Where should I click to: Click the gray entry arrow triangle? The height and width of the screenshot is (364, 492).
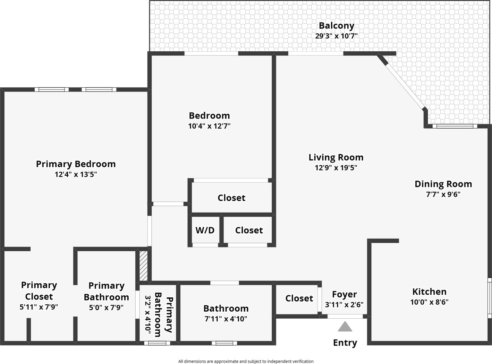click(345, 327)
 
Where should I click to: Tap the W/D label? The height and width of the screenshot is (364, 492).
click(205, 230)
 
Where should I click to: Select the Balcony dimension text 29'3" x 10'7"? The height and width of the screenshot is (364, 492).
click(336, 36)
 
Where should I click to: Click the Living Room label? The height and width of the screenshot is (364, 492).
click(336, 157)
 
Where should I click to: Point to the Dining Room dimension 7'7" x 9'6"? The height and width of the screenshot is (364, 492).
click(443, 194)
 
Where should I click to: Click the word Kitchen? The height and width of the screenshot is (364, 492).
click(429, 292)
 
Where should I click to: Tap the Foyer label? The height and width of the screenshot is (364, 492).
click(344, 294)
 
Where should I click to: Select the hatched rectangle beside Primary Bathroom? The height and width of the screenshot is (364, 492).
click(143, 266)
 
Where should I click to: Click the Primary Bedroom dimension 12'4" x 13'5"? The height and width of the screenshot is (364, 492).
click(76, 174)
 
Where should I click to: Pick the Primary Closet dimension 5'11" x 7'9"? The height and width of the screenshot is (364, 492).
click(39, 307)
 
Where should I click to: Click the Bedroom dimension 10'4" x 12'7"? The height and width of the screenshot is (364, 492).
click(209, 126)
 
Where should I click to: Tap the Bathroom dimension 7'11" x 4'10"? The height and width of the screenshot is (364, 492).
click(226, 319)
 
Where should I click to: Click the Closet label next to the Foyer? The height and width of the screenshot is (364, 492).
click(299, 298)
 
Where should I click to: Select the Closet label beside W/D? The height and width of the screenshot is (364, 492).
click(249, 230)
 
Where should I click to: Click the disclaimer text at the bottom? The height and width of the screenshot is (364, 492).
click(246, 361)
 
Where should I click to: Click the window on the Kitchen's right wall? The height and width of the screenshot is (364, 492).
click(490, 297)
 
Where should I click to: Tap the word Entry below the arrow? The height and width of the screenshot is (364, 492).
click(345, 343)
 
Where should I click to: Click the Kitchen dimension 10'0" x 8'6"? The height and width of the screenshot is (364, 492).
click(429, 302)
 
